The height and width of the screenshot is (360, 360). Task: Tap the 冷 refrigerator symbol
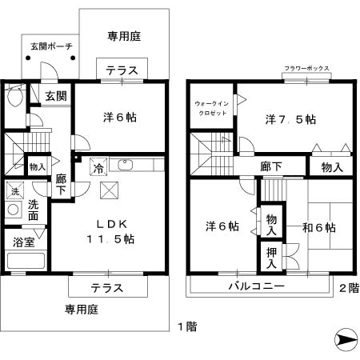(x=98, y=168)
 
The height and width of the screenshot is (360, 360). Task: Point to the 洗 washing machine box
(x=13, y=191)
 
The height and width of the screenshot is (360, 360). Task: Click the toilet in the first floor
(x=12, y=97)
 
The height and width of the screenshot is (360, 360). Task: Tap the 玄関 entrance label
(x=55, y=97)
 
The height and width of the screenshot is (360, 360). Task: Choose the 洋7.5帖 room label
(x=290, y=119)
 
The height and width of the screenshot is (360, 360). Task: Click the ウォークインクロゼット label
(x=212, y=108)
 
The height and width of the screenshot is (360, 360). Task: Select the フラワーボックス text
(x=306, y=69)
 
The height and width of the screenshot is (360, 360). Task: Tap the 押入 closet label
(x=272, y=258)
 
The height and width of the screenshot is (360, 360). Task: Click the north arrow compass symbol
(x=345, y=340)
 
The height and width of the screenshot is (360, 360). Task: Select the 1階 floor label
(x=185, y=326)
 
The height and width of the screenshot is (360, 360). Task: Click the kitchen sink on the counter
(x=126, y=166)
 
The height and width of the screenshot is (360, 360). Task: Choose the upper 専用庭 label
(x=124, y=35)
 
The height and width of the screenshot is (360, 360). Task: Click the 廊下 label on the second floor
(x=271, y=166)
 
